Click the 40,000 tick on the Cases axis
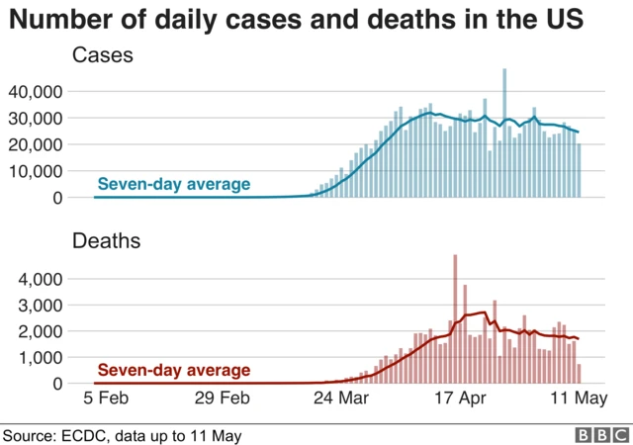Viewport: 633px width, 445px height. (36, 92)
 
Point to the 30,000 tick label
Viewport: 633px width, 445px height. (36, 119)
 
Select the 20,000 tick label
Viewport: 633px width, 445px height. (36, 144)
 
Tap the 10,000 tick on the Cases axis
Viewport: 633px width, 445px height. (36, 171)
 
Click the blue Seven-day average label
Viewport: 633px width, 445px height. (173, 184)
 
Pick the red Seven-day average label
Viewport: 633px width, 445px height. (173, 371)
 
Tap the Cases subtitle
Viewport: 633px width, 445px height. (102, 57)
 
